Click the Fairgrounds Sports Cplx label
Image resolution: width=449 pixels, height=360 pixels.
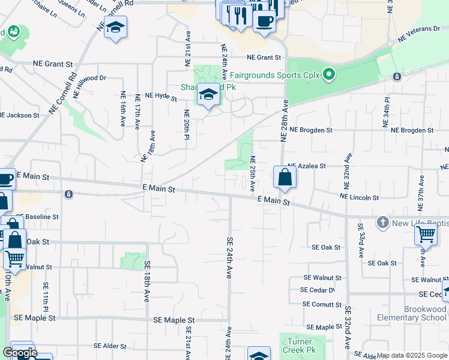(x=273, y=76)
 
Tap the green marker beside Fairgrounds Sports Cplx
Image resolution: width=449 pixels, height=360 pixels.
(x=328, y=75)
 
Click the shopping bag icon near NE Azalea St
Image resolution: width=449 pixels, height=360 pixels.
(x=285, y=178)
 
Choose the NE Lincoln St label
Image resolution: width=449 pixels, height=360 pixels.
(x=359, y=197)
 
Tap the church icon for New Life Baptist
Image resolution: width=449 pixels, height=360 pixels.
(x=382, y=223)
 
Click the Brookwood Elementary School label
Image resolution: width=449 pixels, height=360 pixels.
(x=412, y=313)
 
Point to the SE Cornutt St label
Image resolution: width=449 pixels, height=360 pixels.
(x=322, y=304)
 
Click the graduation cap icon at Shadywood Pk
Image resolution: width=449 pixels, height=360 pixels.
(x=208, y=95)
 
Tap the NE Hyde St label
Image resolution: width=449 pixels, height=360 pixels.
(x=158, y=95)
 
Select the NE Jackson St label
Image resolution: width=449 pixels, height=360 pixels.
(x=20, y=115)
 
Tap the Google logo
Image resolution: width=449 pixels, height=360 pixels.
(x=19, y=353)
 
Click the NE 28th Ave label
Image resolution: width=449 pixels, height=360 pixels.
(x=284, y=121)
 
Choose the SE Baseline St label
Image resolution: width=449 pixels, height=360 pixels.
(x=38, y=217)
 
